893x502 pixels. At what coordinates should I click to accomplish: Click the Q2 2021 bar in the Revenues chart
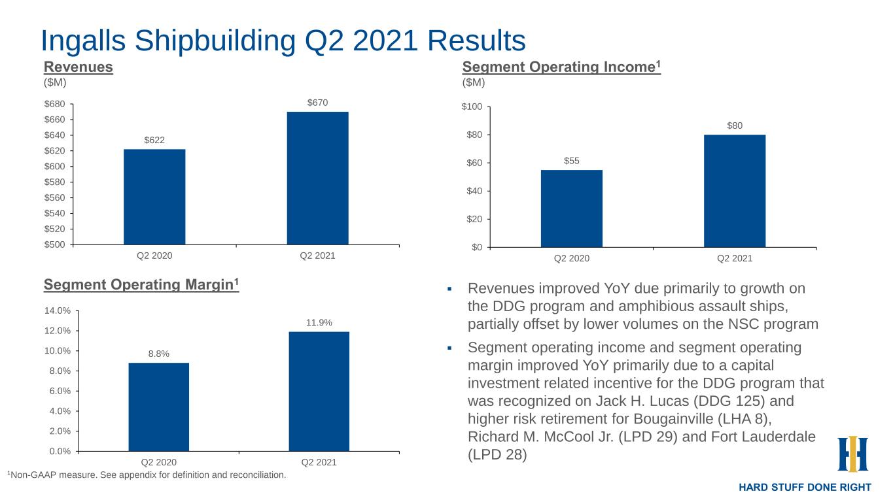(317, 178)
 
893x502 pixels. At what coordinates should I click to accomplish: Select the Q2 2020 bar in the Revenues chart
(154, 197)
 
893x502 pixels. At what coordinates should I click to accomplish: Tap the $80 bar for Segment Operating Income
(734, 191)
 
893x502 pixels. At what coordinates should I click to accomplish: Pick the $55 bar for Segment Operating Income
(571, 209)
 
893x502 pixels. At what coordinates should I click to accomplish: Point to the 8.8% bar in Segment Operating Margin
(158, 407)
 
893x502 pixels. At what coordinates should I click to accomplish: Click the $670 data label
(317, 103)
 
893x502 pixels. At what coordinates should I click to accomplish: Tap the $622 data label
(154, 140)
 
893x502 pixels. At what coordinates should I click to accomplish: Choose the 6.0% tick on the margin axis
(61, 391)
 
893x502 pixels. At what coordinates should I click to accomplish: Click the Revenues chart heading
(79, 67)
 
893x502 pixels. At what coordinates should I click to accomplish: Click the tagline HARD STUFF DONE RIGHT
(805, 488)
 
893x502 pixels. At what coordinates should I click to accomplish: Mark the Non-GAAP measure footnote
(147, 475)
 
